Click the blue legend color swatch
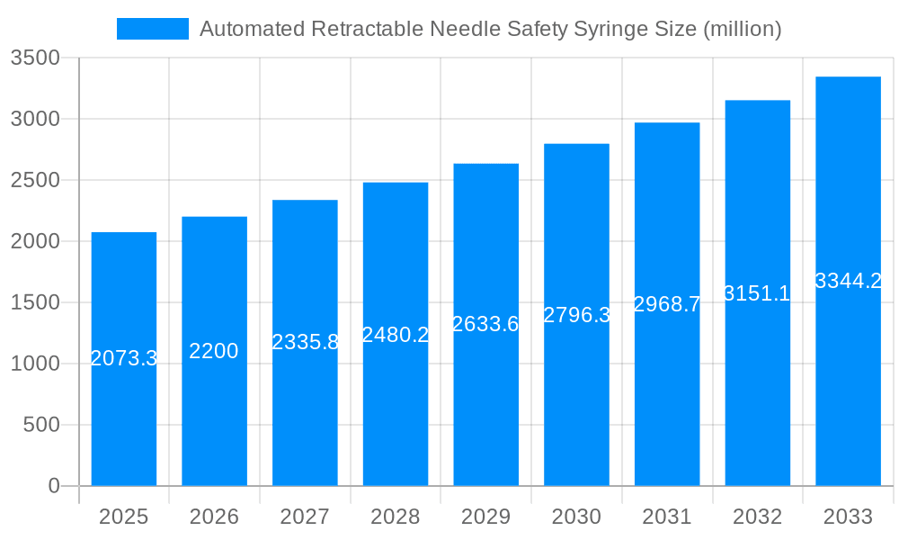tap(153, 29)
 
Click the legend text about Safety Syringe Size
tap(490, 29)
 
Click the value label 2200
tap(214, 351)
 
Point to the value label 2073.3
tap(124, 358)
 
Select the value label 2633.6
tap(485, 324)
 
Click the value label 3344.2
tap(848, 281)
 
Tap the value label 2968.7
tap(667, 304)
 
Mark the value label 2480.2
tap(396, 335)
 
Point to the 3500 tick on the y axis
tap(35, 58)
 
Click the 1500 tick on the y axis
tap(35, 302)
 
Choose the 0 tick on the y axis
tap(53, 486)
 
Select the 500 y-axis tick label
tap(40, 425)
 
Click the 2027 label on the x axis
tap(305, 517)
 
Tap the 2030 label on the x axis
tap(576, 517)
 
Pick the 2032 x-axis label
tap(757, 517)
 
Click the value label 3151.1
tap(757, 293)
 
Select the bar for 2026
tap(214, 414)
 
